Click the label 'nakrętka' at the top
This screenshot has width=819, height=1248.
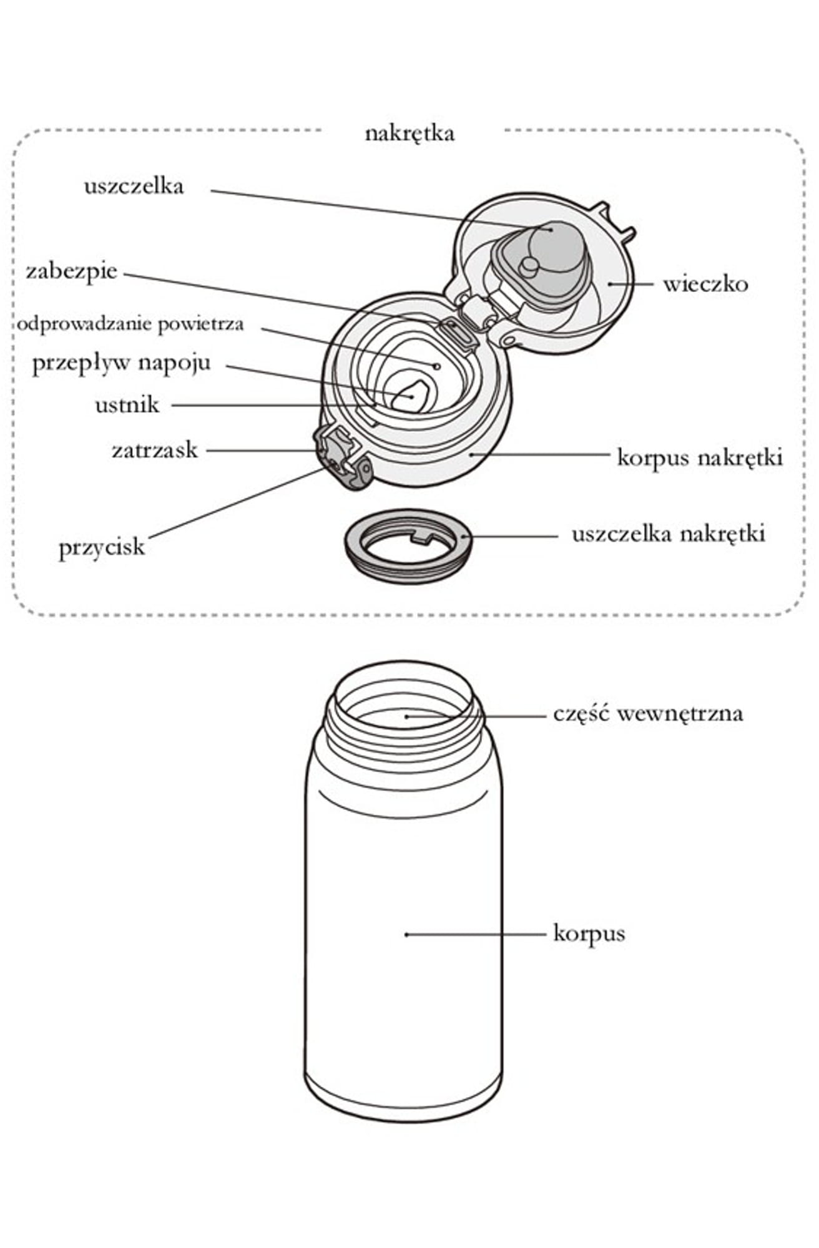[x=409, y=134]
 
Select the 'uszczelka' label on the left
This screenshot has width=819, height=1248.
[x=134, y=186]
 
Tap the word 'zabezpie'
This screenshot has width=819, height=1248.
[x=71, y=271]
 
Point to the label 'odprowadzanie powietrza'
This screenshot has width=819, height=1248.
[x=130, y=324]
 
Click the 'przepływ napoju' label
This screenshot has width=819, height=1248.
[x=121, y=363]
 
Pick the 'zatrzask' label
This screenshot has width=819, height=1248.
[x=154, y=450]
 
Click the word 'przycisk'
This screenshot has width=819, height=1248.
[x=102, y=547]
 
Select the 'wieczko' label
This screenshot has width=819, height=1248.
[x=705, y=285]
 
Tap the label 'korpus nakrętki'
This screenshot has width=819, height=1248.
[x=699, y=457]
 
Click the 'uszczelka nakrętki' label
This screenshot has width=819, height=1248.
[x=668, y=534]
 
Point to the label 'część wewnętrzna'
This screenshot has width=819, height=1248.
[x=648, y=713]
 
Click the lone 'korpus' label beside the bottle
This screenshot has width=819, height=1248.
[x=589, y=934]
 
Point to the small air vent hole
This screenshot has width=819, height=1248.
[x=437, y=366]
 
